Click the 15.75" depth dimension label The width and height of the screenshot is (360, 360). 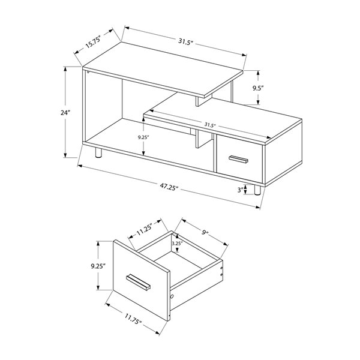click(91, 43)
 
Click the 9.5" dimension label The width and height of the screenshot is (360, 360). click(259, 88)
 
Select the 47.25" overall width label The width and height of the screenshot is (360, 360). click(168, 187)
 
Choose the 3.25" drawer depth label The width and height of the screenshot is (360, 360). click(176, 244)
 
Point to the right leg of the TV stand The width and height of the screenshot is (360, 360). click(257, 190)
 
